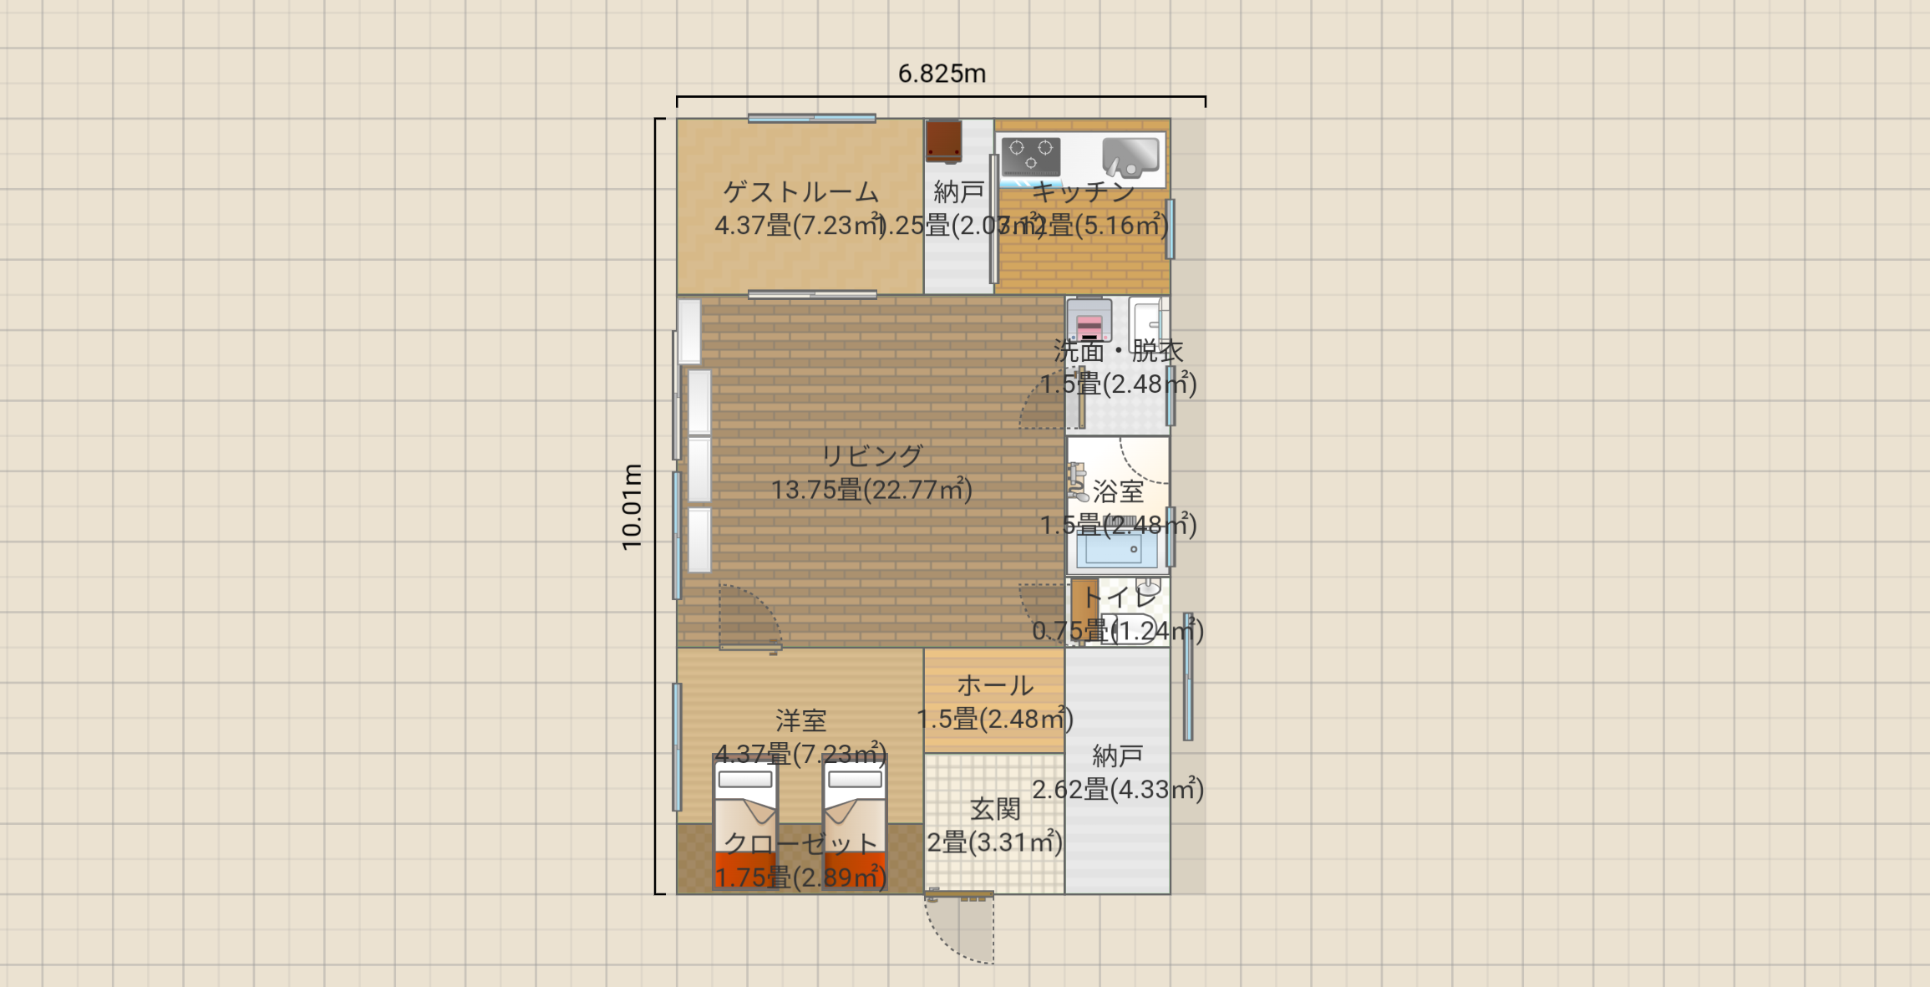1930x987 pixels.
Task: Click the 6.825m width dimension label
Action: click(942, 74)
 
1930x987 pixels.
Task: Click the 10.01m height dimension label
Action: click(632, 506)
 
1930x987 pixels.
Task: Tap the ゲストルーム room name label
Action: click(800, 192)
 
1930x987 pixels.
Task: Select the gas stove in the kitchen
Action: click(1031, 157)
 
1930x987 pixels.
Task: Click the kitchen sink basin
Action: click(1130, 156)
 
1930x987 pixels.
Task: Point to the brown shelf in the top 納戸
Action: click(943, 140)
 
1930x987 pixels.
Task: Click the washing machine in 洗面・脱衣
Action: click(1089, 320)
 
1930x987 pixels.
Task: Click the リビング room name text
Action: click(871, 455)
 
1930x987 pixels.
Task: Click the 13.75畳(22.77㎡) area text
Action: click(871, 490)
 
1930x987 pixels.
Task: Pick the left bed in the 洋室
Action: click(745, 821)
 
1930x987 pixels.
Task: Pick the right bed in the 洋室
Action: click(854, 821)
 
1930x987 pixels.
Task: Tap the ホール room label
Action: click(994, 685)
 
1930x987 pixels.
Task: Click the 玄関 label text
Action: click(994, 809)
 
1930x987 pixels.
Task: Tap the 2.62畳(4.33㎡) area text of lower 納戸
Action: click(1117, 790)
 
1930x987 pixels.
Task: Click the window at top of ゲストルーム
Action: click(811, 119)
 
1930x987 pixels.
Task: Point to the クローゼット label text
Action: click(800, 843)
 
